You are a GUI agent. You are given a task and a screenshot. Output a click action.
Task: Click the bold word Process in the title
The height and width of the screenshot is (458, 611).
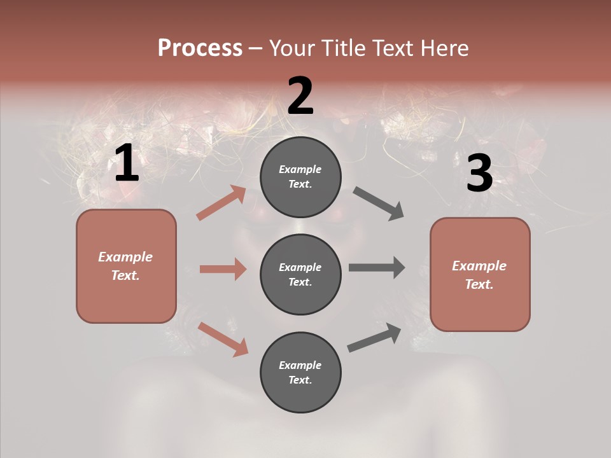click(200, 48)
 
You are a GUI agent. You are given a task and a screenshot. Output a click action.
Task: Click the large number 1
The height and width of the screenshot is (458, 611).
click(127, 163)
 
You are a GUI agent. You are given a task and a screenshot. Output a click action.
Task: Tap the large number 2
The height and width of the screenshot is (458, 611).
click(300, 96)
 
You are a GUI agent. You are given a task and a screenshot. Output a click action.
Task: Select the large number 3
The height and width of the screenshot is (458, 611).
click(479, 173)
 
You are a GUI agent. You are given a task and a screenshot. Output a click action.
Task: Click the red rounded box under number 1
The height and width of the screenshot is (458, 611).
click(126, 266)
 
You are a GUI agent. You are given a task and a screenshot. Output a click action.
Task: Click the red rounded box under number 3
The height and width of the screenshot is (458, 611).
click(480, 274)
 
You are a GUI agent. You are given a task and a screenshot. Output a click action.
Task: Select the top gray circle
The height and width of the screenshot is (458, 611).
click(300, 177)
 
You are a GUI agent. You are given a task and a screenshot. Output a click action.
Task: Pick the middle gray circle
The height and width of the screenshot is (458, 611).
click(300, 274)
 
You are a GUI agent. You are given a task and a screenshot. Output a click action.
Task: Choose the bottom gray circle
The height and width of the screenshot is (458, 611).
click(300, 372)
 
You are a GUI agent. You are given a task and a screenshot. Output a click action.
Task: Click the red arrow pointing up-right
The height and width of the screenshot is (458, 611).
click(221, 203)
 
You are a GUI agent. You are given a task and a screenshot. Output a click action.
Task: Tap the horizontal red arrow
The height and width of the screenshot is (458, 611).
click(223, 269)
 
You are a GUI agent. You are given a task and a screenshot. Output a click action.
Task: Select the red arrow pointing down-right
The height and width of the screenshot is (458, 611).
click(223, 338)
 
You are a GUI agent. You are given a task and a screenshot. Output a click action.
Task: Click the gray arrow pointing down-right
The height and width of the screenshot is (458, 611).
click(379, 204)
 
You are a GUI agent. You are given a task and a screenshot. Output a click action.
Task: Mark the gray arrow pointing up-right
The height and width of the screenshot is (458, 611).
click(374, 338)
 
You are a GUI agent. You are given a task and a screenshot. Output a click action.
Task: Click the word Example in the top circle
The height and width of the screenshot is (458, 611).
click(300, 169)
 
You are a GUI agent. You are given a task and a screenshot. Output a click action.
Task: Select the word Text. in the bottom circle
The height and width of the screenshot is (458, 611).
click(300, 380)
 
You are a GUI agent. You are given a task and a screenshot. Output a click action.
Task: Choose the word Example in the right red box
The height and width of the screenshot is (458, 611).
click(479, 266)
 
